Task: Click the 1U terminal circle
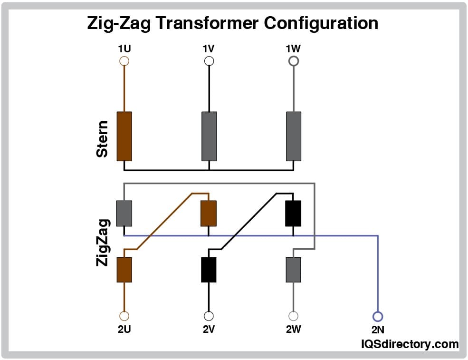coord(124,61)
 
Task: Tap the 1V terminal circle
coord(209,61)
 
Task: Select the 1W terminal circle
coord(294,61)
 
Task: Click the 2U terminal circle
coord(124,316)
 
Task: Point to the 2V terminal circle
coord(209,316)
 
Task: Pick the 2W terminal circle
coord(294,316)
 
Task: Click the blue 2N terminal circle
coord(378,316)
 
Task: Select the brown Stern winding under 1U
coord(124,136)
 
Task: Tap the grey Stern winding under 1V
coord(209,136)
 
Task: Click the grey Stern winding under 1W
coord(294,136)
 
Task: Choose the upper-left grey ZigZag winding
coord(124,213)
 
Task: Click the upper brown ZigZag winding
coord(209,213)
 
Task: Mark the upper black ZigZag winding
coord(293,213)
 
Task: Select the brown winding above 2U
coord(124,270)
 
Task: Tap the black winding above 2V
coord(209,270)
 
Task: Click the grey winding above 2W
coord(294,270)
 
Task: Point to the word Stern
coord(102,139)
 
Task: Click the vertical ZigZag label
coord(102,242)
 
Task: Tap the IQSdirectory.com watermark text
coord(410,344)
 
